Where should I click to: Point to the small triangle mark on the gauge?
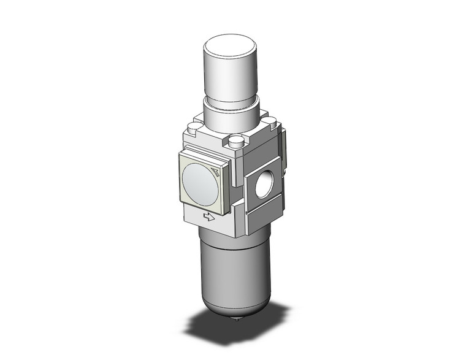(215, 171)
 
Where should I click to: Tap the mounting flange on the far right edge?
(285, 153)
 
